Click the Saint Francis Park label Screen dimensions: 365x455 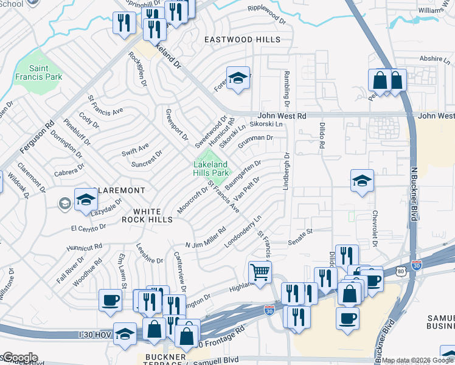[x=46, y=72]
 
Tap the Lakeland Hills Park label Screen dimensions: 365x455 [x=211, y=169]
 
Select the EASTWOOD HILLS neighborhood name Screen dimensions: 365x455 [x=242, y=40]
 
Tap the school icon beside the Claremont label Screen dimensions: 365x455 [x=86, y=199]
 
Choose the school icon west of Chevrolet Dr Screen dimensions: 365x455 [x=362, y=180]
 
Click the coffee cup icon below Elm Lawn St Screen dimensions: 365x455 [x=111, y=301]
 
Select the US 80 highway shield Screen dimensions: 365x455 [x=399, y=269]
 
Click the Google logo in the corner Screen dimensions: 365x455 [x=19, y=357]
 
